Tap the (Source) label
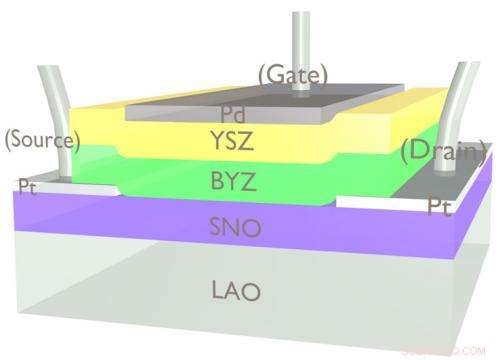(40, 140)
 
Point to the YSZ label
(233, 140)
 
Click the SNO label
(236, 227)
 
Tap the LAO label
(236, 292)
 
